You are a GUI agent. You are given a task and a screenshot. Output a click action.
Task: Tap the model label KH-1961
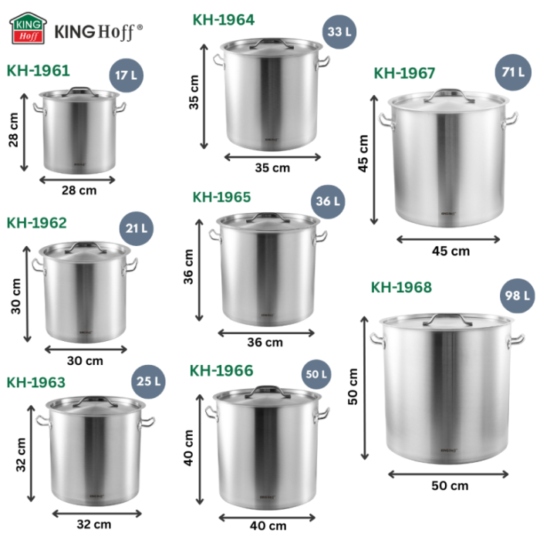39,71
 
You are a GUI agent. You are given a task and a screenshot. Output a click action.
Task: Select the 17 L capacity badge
128,76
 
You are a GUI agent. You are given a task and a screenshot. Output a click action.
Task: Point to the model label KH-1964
223,19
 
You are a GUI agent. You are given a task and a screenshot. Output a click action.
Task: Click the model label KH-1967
404,73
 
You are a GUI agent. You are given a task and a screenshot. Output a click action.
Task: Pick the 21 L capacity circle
137,229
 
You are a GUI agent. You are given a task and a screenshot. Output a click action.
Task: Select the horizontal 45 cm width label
451,251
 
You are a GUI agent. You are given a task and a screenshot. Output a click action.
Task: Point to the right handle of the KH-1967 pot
511,119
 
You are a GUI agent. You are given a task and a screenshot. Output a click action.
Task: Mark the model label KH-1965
221,197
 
